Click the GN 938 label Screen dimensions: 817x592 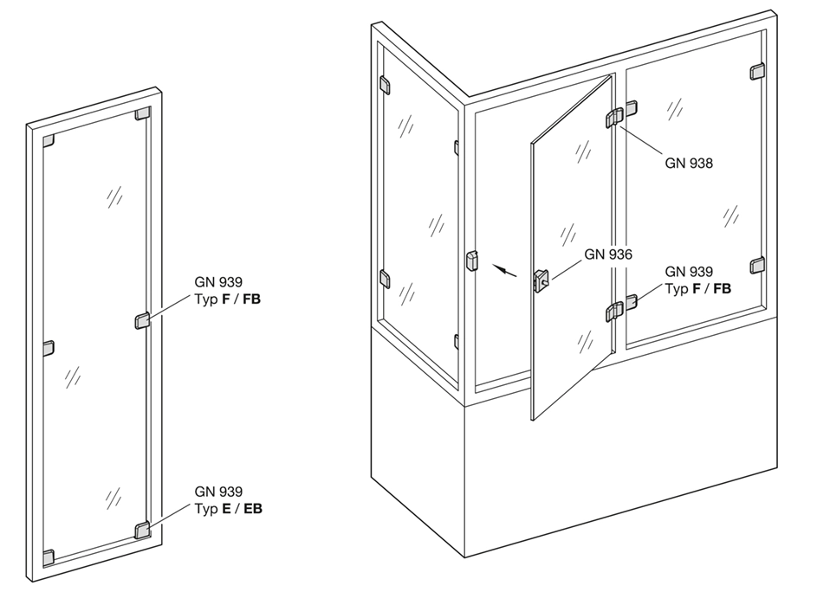coord(688,164)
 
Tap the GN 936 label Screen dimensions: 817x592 coord(607,254)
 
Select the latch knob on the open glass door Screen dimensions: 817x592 coord(540,280)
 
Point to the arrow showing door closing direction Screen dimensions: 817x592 coord(505,270)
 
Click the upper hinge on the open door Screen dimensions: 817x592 coord(615,118)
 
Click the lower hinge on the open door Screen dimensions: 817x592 coord(615,312)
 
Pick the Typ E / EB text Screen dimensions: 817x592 coord(228,509)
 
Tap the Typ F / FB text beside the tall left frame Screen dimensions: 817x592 coord(227,299)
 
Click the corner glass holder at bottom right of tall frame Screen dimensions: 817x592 coord(142,530)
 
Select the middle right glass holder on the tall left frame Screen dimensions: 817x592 coord(142,321)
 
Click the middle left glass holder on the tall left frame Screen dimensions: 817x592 coord(48,348)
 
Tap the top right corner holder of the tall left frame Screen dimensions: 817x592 coord(143,113)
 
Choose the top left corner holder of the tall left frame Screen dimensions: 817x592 coord(48,140)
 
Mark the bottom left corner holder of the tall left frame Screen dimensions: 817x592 coord(48,557)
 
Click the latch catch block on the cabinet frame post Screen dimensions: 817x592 coord(471,261)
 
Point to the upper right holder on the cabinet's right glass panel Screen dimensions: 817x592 coord(757,71)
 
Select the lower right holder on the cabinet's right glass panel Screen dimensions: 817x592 coord(757,265)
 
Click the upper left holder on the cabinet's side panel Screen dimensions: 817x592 coord(385,86)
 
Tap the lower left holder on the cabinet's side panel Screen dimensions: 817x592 coord(385,279)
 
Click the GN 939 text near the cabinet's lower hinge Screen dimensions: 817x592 coord(688,272)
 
